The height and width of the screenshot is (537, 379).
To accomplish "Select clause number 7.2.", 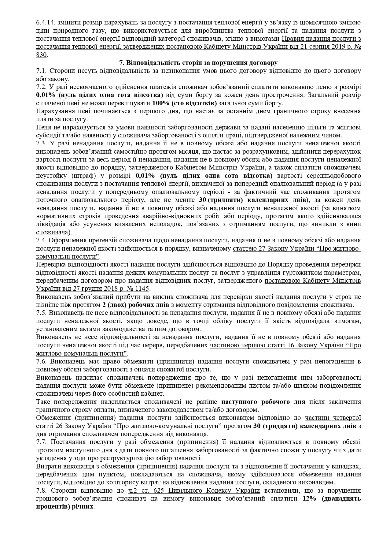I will coord(40,87).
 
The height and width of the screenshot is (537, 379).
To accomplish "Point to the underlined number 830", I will coord(41,55).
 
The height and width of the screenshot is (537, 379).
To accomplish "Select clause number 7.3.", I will coord(40,143).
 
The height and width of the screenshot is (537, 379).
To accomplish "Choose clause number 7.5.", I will coord(40,313).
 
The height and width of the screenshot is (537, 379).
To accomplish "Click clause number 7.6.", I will coord(40,361).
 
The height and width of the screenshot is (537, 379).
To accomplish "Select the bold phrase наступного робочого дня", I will coord(263,401).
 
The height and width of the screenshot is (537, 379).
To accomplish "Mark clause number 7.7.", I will coord(40,442).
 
